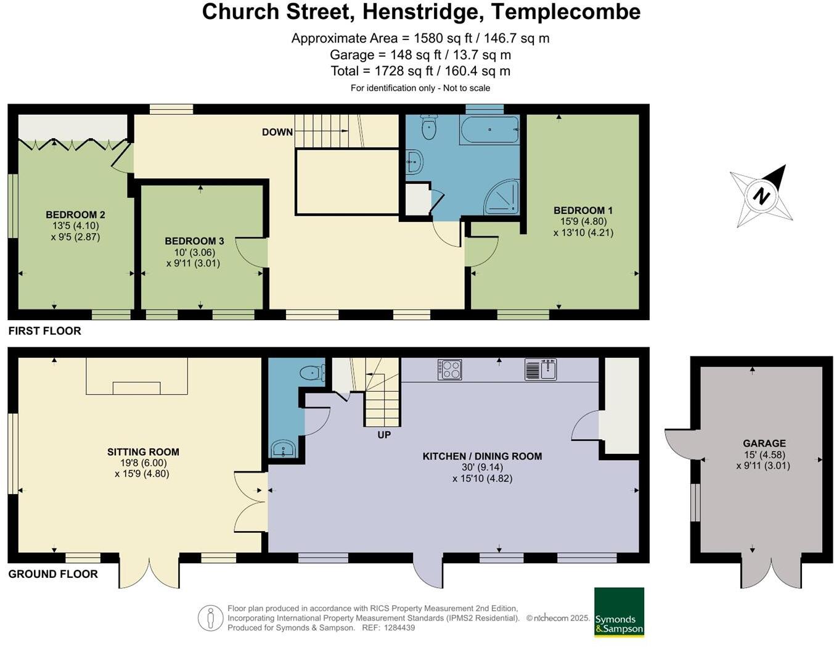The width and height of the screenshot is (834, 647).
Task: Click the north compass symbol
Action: pos(761,196)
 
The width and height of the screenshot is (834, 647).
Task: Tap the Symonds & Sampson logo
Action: pos(619,612)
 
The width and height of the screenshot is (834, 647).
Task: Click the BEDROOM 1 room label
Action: pos(583,210)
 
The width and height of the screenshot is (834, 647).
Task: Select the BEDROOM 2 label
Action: pos(75,215)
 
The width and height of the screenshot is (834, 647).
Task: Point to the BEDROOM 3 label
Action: pos(194,241)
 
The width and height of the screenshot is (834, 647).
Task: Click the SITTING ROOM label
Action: pos(143,452)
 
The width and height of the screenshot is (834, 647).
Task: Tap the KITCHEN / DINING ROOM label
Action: pos(482,456)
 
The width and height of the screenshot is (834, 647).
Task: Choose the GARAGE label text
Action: pos(764,443)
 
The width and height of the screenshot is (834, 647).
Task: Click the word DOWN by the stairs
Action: pos(277,132)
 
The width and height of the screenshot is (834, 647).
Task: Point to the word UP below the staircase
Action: pos(384,435)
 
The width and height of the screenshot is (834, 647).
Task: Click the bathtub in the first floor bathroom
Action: pos(489,130)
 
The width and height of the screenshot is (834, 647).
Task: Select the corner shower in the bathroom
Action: pos(502,197)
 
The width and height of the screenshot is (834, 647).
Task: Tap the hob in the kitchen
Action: pos(450,369)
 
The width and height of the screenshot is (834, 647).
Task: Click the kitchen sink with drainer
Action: pos(541,369)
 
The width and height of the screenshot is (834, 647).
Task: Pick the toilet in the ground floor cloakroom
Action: pos(312,373)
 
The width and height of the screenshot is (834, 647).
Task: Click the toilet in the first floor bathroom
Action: pos(428,128)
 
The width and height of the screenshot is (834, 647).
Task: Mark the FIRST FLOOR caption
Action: pos(45,331)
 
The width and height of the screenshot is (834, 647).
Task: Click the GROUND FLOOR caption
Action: pos(53,574)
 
